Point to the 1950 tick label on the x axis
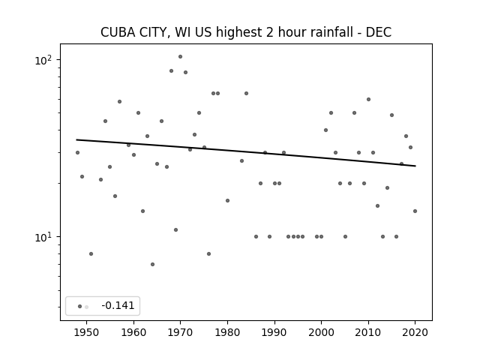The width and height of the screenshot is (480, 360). pos(87,332)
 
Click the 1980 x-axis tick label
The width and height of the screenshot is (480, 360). pos(227,332)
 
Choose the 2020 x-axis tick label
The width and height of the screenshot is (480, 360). pos(415,332)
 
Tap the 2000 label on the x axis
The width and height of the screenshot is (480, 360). pos(321,332)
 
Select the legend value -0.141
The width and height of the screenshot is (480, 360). pos(118,305)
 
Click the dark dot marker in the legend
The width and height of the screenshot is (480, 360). pos(80,307)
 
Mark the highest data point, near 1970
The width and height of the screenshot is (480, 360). pos(180,57)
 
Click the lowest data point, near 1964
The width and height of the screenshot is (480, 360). pos(152,265)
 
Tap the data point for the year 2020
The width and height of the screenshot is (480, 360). pos(415,211)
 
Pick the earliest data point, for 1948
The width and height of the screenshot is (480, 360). pos(77,153)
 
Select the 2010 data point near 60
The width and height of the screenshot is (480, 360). pos(368,100)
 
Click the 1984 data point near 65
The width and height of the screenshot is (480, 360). pos(247,93)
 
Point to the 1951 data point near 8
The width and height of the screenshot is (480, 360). pos(91,253)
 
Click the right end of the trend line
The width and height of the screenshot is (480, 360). pos(415,166)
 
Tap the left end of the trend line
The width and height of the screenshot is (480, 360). pos(76,140)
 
